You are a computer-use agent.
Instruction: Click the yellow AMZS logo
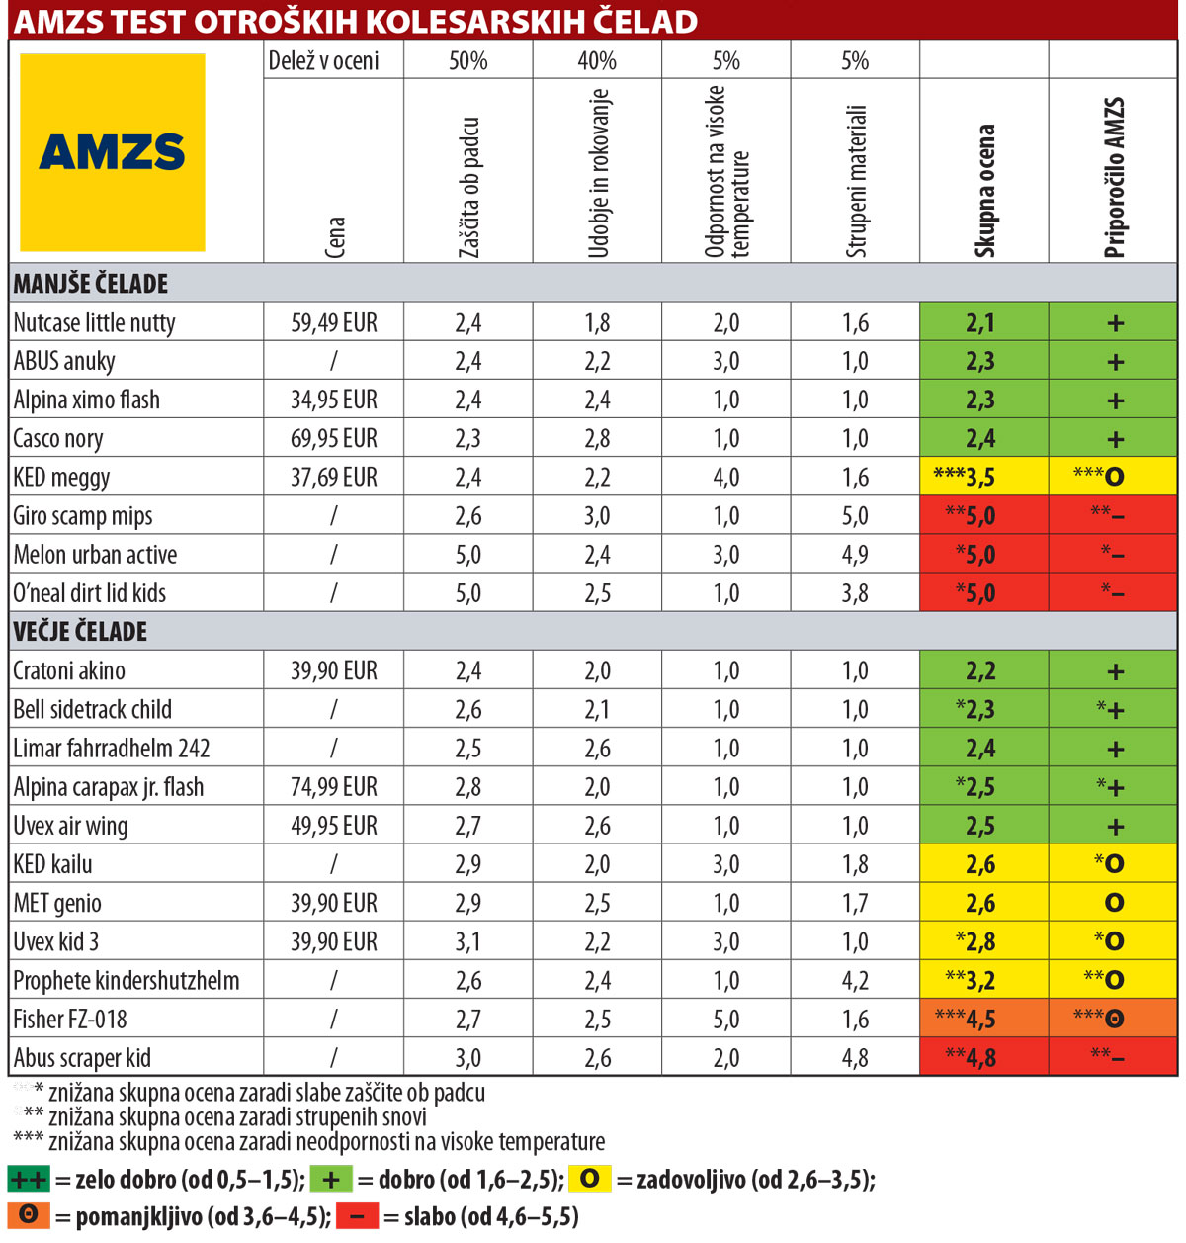click(x=113, y=152)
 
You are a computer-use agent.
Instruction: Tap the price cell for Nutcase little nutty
click(x=333, y=323)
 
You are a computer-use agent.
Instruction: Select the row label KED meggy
click(x=61, y=478)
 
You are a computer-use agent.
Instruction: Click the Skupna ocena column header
click(x=984, y=190)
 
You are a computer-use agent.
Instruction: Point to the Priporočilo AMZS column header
click(x=1114, y=178)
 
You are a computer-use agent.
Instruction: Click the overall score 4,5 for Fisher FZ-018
click(x=980, y=1020)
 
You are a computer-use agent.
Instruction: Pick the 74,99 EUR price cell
click(x=333, y=787)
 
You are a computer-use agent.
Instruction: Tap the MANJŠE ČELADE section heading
click(x=91, y=284)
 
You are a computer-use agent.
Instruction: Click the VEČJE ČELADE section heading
click(x=80, y=632)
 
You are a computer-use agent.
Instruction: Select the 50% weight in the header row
click(x=467, y=61)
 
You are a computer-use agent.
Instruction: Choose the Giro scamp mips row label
click(x=83, y=516)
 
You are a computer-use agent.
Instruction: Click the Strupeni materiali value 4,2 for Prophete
click(x=855, y=981)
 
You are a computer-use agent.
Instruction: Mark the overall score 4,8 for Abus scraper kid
click(x=980, y=1058)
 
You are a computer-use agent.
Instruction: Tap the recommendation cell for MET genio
click(x=1114, y=903)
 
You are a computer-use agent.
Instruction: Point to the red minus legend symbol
click(x=357, y=1216)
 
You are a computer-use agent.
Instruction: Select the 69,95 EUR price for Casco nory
click(x=333, y=439)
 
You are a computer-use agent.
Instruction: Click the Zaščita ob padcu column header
click(x=469, y=188)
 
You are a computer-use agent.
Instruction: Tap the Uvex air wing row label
click(x=70, y=826)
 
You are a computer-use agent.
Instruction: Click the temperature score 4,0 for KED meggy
click(x=725, y=478)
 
